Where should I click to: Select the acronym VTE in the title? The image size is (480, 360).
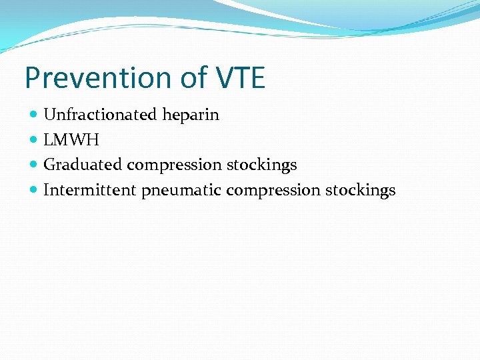pos(240,77)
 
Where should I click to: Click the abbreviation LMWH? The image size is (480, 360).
pos(71,140)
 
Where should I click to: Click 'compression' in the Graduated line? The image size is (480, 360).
pos(175,165)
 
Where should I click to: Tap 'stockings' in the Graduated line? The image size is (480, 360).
pos(262,165)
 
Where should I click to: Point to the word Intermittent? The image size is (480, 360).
pos(89,190)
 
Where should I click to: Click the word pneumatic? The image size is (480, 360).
pos(181,191)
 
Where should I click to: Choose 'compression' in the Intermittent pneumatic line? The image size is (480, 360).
pos(273,191)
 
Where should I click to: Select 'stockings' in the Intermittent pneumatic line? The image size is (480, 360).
pos(361,191)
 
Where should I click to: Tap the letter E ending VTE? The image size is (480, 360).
pos(257,77)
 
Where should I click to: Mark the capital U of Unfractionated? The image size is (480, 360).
pos(49,115)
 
